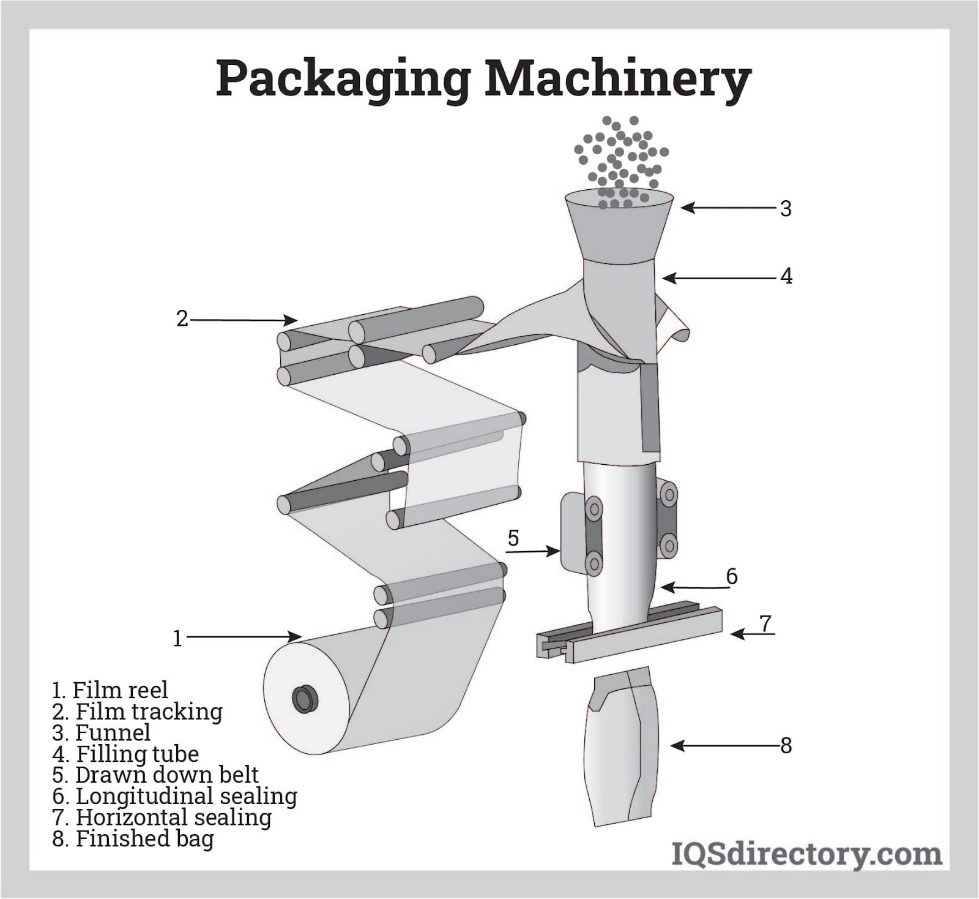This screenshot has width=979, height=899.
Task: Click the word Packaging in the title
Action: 343,80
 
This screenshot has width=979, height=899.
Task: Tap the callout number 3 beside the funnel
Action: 786,209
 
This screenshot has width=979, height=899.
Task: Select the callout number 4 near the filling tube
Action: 786,276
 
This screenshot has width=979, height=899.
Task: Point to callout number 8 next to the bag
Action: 786,745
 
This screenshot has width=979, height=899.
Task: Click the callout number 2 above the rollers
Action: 182,318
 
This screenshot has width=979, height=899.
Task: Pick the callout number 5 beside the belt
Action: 513,538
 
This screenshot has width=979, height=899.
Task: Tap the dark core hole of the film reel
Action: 304,699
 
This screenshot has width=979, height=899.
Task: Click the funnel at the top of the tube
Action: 619,227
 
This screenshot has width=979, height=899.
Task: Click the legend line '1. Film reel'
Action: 110,690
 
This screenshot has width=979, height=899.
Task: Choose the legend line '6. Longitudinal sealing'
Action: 175,796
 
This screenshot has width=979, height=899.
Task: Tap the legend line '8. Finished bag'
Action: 133,838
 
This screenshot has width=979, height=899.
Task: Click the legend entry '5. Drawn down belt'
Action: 155,775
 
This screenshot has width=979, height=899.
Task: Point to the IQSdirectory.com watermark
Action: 806,854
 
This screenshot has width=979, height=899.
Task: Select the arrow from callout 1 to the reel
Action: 245,638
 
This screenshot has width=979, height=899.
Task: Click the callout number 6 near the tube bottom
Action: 732,576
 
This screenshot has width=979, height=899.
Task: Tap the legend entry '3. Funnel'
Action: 102,732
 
